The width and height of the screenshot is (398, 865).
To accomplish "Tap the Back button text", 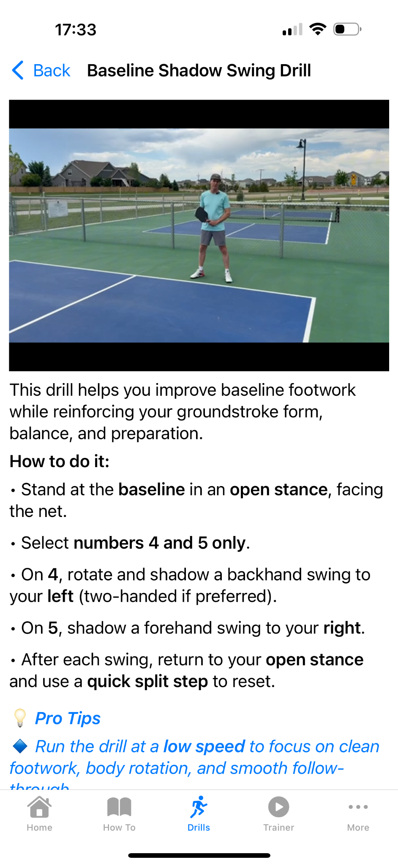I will pyautogui.click(x=52, y=71).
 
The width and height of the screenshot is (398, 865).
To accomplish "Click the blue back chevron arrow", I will pyautogui.click(x=18, y=70).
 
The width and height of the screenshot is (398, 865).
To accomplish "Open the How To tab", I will pyautogui.click(x=119, y=813).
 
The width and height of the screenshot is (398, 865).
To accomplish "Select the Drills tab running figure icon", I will pyautogui.click(x=199, y=807).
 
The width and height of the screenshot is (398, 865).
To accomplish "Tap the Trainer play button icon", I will pyautogui.click(x=278, y=807).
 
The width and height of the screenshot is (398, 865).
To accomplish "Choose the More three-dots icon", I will pyautogui.click(x=358, y=807).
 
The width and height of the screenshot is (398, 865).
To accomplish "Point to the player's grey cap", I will pyautogui.click(x=215, y=177).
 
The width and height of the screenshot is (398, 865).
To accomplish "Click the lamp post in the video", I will pyautogui.click(x=303, y=169).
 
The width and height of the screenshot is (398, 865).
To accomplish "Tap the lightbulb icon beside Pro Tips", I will pyautogui.click(x=20, y=718).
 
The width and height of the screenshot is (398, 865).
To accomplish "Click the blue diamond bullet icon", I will pyautogui.click(x=20, y=746).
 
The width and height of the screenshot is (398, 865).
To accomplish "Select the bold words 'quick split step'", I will pyautogui.click(x=147, y=681).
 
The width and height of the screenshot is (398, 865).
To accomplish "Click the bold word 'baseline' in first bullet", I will pyautogui.click(x=151, y=490).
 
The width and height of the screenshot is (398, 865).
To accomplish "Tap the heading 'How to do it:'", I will pyautogui.click(x=60, y=461).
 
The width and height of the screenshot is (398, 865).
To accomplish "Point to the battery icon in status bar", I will pyautogui.click(x=346, y=29).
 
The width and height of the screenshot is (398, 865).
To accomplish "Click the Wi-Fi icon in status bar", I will pyautogui.click(x=317, y=29).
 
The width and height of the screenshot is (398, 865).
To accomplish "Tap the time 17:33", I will pyautogui.click(x=76, y=30).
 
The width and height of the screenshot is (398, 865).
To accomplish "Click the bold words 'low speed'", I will pyautogui.click(x=204, y=746).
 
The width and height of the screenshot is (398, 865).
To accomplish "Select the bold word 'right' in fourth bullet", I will pyautogui.click(x=342, y=628).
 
